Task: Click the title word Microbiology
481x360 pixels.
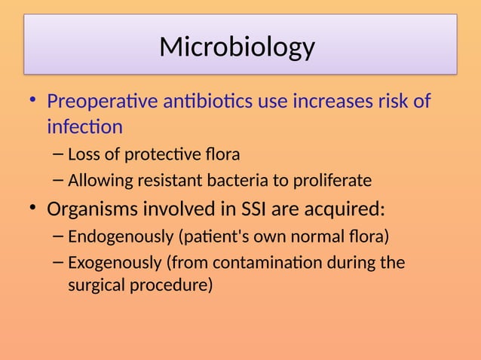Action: pyautogui.click(x=237, y=47)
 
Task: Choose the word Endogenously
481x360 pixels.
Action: pyautogui.click(x=121, y=238)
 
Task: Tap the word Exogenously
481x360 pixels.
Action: pyautogui.click(x=115, y=263)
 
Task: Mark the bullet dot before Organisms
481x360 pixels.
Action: pyautogui.click(x=33, y=208)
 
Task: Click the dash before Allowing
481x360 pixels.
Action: pyautogui.click(x=59, y=181)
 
